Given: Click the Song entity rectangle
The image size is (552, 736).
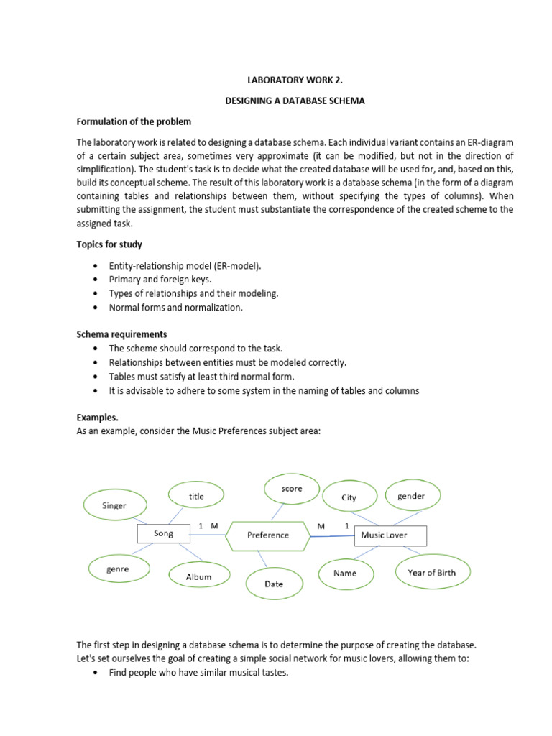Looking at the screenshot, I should [163, 534].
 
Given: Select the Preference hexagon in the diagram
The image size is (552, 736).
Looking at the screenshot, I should [268, 535].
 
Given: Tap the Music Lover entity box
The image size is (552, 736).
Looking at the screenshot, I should [391, 535].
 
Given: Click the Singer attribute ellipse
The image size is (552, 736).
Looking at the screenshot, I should [114, 505].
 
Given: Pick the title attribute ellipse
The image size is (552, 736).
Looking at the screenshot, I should [196, 496].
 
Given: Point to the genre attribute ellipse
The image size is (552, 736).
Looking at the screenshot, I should [117, 569].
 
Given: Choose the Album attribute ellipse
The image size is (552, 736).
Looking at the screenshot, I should [198, 576].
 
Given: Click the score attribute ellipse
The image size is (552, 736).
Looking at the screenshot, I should [292, 489].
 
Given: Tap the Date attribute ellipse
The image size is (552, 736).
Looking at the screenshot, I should [274, 584].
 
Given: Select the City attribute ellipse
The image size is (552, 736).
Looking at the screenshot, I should [349, 497].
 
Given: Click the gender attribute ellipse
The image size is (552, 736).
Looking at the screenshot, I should [410, 496].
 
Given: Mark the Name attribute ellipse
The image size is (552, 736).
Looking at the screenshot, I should [345, 574].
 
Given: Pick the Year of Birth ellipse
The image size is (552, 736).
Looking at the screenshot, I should [431, 572].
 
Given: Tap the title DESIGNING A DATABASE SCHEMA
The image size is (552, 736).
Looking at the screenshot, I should [295, 101].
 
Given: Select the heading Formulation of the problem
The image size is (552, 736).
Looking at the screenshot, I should [134, 121].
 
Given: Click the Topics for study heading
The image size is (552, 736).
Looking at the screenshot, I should [109, 244].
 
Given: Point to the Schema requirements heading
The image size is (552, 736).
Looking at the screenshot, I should [121, 334].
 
